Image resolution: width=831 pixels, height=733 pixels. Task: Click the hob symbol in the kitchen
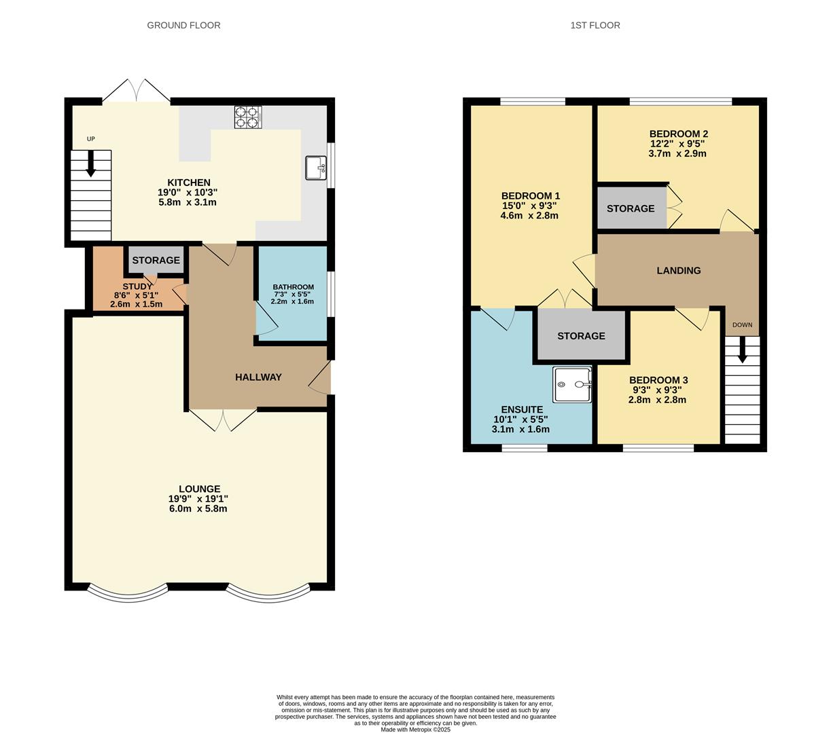[248, 117]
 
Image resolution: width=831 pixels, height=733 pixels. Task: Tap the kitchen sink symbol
[316, 168]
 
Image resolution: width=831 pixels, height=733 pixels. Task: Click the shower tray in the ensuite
[572, 385]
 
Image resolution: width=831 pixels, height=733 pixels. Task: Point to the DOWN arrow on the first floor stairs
[742, 349]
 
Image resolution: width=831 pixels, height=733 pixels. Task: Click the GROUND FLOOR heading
[183, 25]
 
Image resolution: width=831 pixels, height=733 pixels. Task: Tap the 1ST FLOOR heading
[595, 25]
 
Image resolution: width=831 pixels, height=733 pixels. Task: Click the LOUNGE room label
[199, 489]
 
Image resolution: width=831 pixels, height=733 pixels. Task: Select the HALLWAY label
[258, 377]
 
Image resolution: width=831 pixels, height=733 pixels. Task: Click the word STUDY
[137, 286]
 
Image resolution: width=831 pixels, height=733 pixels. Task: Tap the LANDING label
[678, 270]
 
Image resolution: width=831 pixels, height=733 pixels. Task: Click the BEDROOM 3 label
[658, 380]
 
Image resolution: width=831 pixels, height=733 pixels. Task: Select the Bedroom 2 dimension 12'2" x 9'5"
[677, 144]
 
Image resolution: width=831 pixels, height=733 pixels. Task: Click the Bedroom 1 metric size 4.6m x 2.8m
[529, 216]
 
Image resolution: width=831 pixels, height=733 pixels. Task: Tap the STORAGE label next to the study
[156, 260]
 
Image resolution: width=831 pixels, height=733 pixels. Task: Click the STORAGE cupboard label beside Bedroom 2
[631, 208]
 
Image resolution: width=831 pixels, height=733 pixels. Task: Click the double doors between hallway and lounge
[222, 419]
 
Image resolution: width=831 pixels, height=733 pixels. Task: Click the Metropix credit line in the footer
[415, 730]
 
